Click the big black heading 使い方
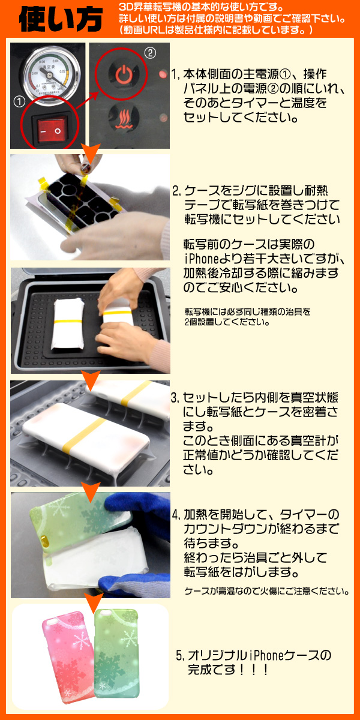(61, 19)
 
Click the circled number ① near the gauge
(19, 102)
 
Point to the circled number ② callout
(150, 52)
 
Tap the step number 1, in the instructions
(175, 74)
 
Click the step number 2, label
(177, 191)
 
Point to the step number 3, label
(175, 398)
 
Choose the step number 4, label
(176, 515)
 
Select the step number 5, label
(181, 655)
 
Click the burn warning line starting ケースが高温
(267, 591)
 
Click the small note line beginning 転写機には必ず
(247, 311)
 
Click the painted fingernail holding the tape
(85, 168)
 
